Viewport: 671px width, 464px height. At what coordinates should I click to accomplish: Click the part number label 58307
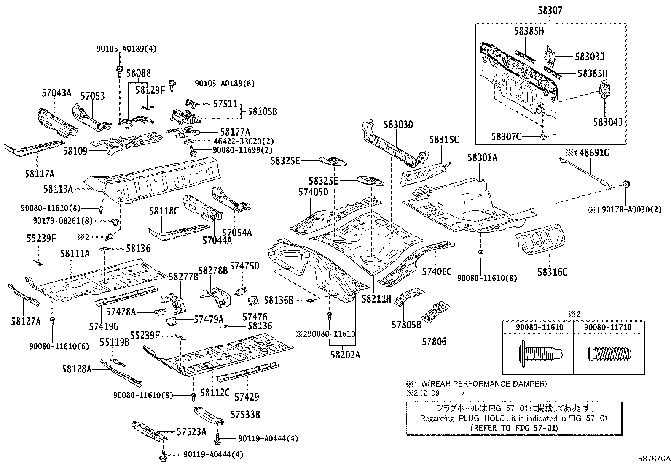click(550, 11)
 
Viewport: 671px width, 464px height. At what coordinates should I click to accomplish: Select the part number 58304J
click(607, 122)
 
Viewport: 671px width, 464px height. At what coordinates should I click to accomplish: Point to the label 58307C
click(506, 136)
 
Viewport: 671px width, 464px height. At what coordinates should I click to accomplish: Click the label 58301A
click(482, 158)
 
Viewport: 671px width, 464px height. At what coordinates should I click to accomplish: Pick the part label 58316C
click(552, 272)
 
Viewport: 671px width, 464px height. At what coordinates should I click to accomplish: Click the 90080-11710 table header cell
click(609, 327)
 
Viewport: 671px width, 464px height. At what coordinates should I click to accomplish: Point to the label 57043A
click(56, 93)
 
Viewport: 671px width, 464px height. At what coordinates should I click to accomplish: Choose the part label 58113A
click(58, 189)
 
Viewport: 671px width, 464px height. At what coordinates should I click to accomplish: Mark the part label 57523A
click(191, 431)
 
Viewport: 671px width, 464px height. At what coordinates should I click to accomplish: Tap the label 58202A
click(345, 355)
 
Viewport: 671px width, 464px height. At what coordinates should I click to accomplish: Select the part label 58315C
click(444, 140)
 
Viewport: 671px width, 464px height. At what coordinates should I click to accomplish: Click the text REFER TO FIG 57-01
click(513, 427)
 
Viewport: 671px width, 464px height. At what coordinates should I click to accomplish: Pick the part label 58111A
click(75, 253)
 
